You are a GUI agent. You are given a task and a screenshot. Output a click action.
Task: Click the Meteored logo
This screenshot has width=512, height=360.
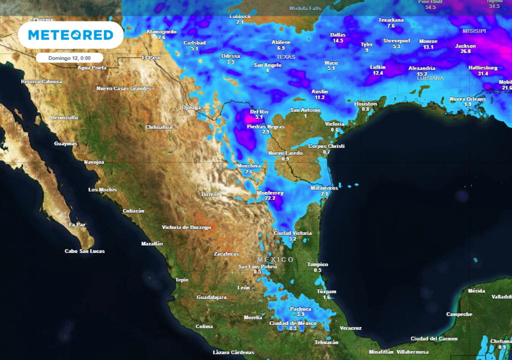[70, 35]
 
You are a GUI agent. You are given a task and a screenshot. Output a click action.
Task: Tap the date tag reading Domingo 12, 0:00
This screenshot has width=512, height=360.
[69, 58]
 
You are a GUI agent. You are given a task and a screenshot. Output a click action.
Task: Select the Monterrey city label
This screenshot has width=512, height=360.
[270, 193]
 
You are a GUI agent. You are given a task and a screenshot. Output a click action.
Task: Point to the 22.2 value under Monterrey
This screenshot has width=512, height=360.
[270, 198]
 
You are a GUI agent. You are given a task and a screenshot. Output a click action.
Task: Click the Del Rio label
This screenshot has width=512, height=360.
[259, 111]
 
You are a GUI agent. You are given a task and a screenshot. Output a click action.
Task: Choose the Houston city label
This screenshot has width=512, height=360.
[365, 103]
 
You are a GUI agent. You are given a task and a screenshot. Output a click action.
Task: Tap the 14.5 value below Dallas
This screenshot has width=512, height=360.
[338, 40]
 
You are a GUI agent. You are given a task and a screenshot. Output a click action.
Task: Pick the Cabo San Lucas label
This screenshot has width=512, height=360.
[84, 251]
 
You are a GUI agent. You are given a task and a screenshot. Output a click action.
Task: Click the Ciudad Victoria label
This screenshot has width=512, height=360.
[292, 233]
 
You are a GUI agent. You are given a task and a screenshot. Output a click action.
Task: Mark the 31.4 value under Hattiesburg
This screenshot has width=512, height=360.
[483, 73]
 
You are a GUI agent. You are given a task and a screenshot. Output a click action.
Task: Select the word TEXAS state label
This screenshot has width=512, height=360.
[286, 57]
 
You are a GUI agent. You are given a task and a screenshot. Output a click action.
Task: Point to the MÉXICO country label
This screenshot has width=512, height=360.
[275, 259]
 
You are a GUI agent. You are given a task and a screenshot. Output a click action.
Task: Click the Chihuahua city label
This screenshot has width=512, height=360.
[158, 127]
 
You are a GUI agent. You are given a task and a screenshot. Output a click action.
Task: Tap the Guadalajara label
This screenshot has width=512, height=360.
[211, 297]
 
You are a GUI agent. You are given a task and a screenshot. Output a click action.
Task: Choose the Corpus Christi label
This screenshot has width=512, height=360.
[326, 146]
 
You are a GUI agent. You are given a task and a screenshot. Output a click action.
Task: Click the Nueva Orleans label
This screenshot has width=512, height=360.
[467, 99]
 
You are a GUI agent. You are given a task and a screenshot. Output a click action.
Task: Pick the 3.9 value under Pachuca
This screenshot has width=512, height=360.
[300, 314]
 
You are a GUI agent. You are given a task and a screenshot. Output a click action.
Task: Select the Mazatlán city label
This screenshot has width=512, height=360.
[152, 243]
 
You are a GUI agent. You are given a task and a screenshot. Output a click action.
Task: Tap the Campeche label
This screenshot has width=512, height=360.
[459, 314]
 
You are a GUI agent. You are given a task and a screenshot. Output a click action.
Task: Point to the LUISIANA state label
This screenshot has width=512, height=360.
[430, 78]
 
